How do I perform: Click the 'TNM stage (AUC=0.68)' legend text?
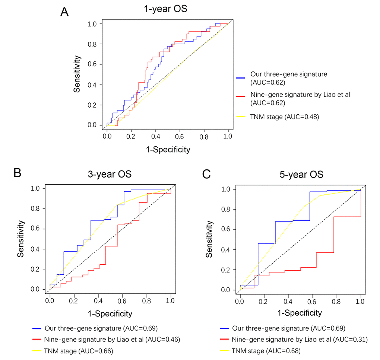pos(266,351)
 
